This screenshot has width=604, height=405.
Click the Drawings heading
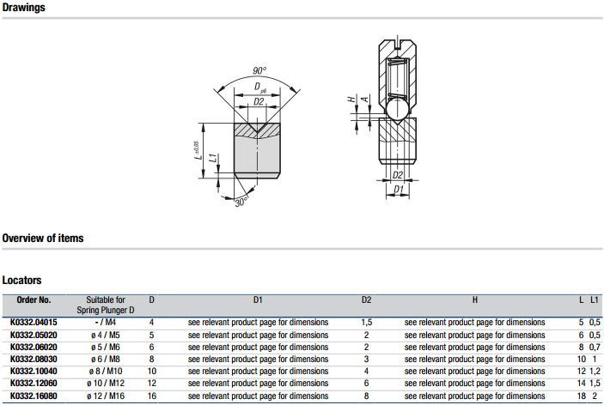click(x=24, y=8)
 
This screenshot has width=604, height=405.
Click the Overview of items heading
click(x=43, y=238)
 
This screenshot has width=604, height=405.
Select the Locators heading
click(x=21, y=280)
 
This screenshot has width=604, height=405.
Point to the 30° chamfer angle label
click(x=241, y=201)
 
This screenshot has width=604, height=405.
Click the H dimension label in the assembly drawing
click(x=351, y=100)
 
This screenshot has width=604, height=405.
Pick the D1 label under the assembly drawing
click(x=398, y=190)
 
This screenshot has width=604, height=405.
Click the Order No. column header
click(x=34, y=300)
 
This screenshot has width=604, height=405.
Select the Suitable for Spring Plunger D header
click(x=111, y=305)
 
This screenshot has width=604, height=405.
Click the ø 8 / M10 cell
click(x=111, y=372)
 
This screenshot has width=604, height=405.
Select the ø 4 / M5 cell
click(x=111, y=335)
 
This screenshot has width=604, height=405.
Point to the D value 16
click(x=152, y=396)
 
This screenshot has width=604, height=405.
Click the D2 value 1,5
click(x=366, y=323)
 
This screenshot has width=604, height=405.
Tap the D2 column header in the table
click(x=366, y=300)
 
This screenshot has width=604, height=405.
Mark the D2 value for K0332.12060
click(x=366, y=384)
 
